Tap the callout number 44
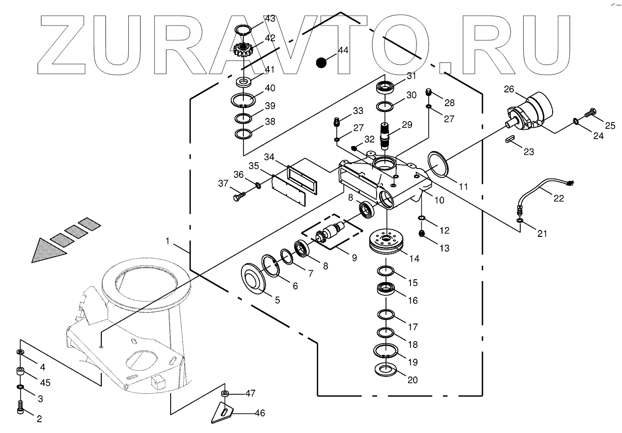pyautogui.click(x=343, y=51)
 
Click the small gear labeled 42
pyautogui.click(x=242, y=49)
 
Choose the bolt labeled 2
pyautogui.click(x=21, y=407)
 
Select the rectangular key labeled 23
pyautogui.click(x=510, y=140)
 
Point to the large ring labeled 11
pyautogui.click(x=438, y=164)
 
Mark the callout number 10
pyautogui.click(x=439, y=200)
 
